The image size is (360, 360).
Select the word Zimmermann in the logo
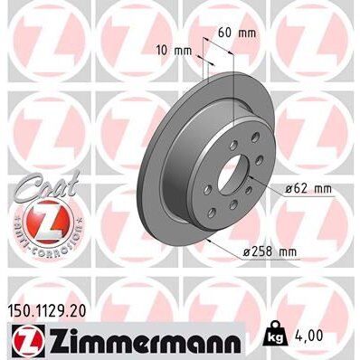click(x=140, y=341)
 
